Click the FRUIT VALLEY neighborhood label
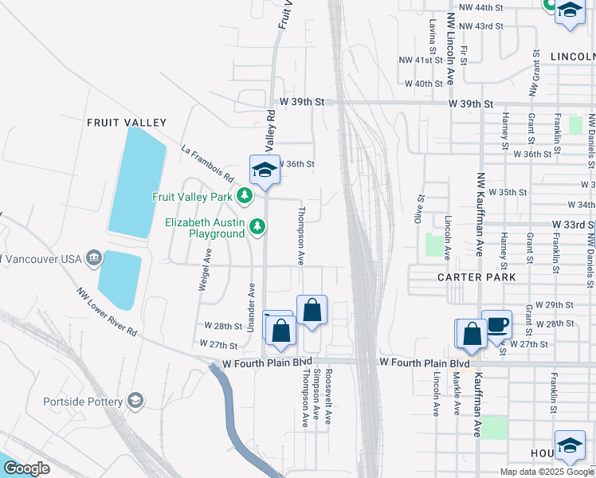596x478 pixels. coord(126,123)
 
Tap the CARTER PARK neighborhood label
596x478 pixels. coord(476,277)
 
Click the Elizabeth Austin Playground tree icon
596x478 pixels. coord(257,228)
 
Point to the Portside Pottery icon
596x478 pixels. coord(135,400)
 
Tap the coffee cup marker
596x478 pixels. coord(497,324)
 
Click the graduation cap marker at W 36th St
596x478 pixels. coord(265,170)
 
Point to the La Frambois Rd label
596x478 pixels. coord(206,162)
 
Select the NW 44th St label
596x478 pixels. coord(487,6)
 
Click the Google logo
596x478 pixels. coord(27,468)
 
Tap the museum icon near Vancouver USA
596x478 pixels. coord(93,257)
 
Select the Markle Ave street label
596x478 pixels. coord(457,397)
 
